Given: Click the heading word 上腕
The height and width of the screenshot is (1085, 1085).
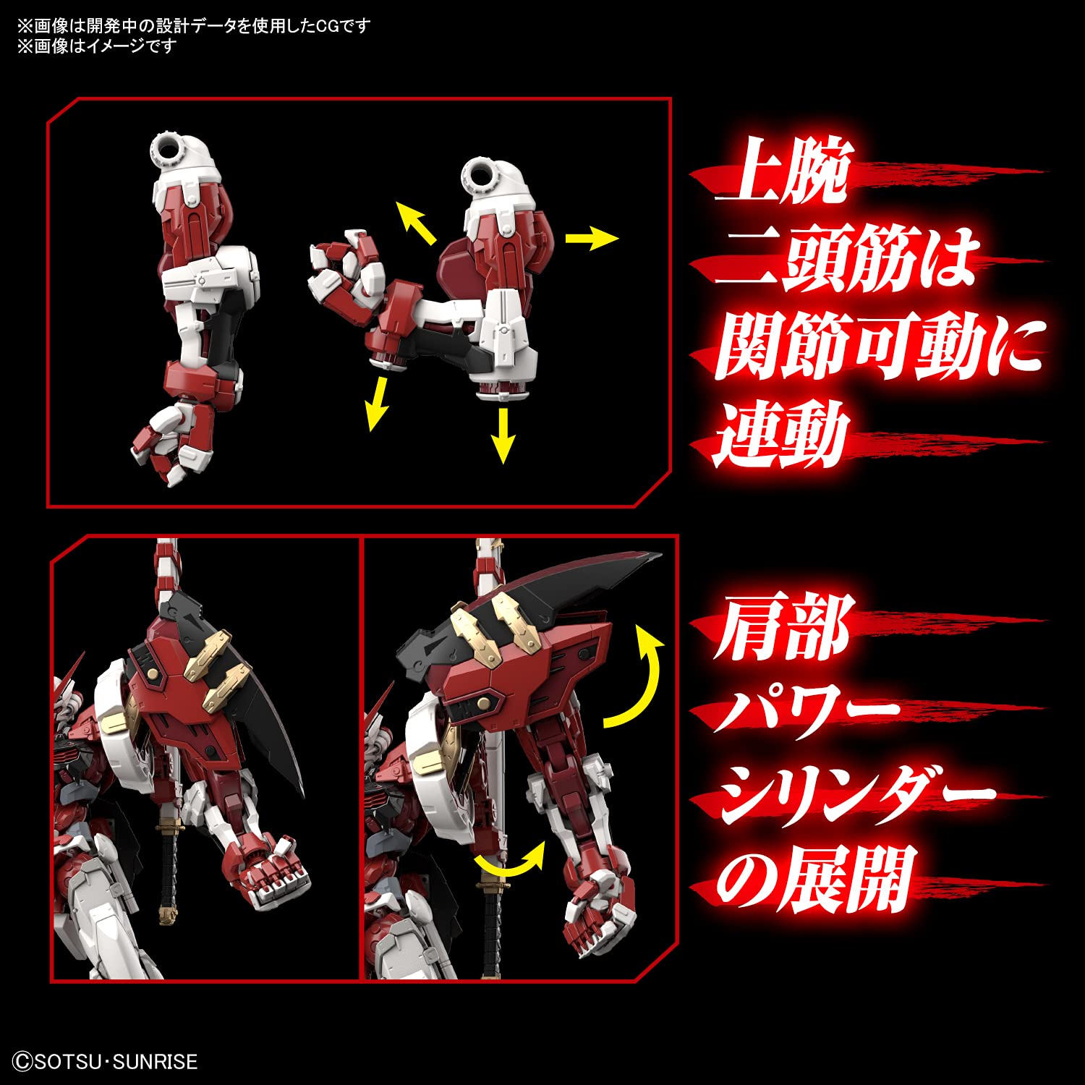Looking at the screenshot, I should click(x=781, y=172).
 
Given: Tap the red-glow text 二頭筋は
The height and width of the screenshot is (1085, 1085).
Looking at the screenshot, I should click(x=846, y=259).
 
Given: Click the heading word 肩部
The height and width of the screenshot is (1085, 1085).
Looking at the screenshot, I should click(x=781, y=628).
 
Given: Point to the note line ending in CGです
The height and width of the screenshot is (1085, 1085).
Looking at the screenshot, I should click(x=194, y=26).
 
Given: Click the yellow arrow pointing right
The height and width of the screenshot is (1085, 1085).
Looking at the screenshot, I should click(x=591, y=238).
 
